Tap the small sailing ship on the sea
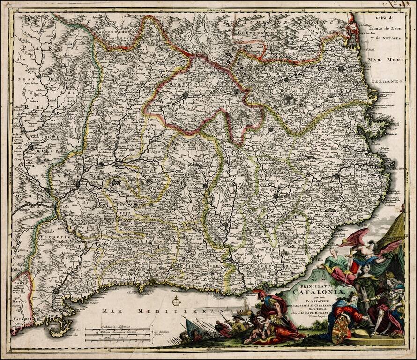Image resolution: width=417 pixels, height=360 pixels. tap(245, 307)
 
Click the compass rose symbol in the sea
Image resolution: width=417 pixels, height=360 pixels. tap(176, 301)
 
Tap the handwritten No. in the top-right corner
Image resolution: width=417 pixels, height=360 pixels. tap(401, 5)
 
